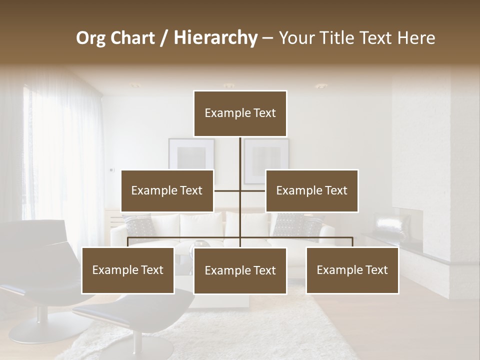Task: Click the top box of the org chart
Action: click(x=240, y=113)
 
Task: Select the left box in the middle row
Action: click(x=167, y=190)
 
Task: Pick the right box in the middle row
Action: click(x=311, y=190)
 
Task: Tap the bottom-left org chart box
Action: click(x=128, y=270)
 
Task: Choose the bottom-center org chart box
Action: click(x=240, y=270)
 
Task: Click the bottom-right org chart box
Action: click(x=352, y=270)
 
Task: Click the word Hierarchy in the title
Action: click(x=215, y=38)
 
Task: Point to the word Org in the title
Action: click(x=90, y=38)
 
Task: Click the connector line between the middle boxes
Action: click(x=239, y=190)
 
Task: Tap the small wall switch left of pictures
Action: click(x=111, y=169)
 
